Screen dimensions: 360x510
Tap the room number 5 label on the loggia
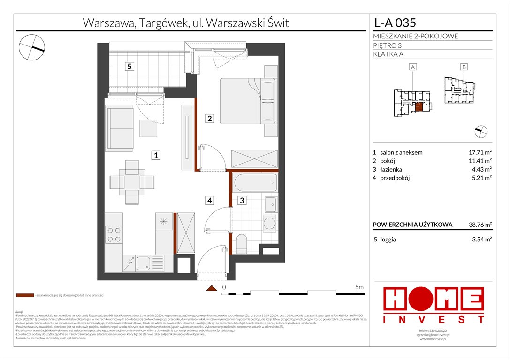tap(129, 67)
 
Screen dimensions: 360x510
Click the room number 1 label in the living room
tap(155, 156)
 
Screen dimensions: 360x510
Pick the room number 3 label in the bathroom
tap(242, 201)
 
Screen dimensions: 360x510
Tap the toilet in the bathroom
tap(243, 243)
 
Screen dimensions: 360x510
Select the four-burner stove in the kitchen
tap(113, 234)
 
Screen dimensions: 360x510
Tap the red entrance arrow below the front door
tap(213, 289)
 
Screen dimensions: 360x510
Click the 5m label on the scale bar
tap(359, 287)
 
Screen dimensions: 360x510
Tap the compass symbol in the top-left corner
tap(32, 46)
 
